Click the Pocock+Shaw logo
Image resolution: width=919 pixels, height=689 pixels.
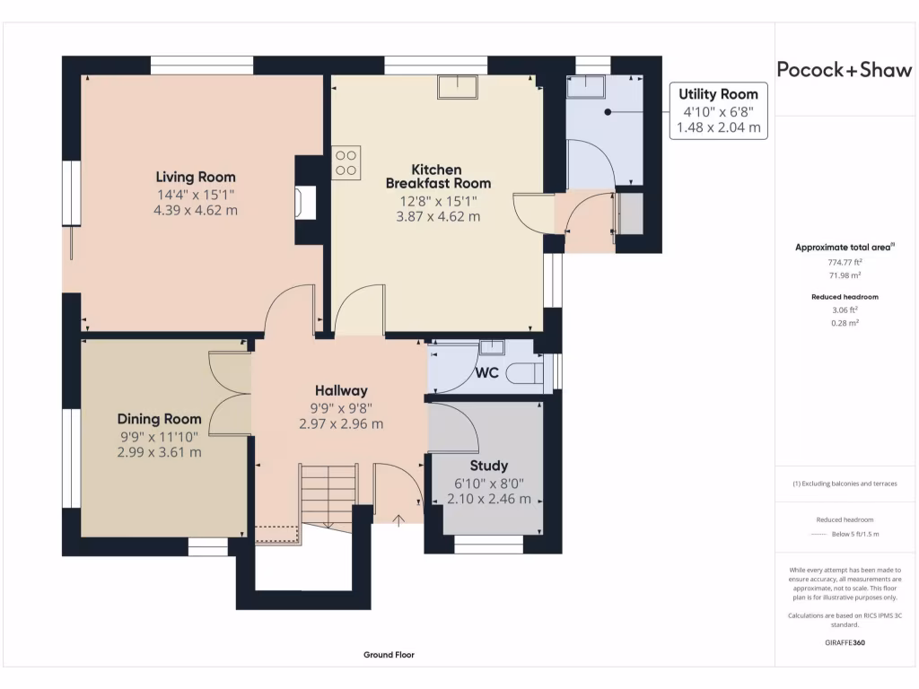coord(844,70)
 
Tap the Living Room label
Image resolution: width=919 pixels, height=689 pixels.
coord(196,177)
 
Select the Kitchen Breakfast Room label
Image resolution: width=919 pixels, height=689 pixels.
coord(437,176)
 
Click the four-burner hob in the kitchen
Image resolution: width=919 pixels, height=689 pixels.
coord(346,162)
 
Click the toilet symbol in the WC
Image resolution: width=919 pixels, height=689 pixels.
coord(524,372)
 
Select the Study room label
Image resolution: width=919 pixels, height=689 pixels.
coord(489,466)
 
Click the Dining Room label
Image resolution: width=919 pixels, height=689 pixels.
coord(159,419)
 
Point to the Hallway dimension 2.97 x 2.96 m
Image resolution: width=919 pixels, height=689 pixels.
coord(341,423)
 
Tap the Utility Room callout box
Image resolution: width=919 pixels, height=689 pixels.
coord(718,110)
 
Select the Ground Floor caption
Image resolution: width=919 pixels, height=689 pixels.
coord(389,655)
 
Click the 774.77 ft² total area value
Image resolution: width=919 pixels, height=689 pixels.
coord(844,263)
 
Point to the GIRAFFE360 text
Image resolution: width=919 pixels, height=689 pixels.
coord(844,642)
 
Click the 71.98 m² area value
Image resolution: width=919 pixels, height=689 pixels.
coord(844,275)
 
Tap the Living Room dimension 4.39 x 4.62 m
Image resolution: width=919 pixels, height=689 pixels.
coord(196,210)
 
